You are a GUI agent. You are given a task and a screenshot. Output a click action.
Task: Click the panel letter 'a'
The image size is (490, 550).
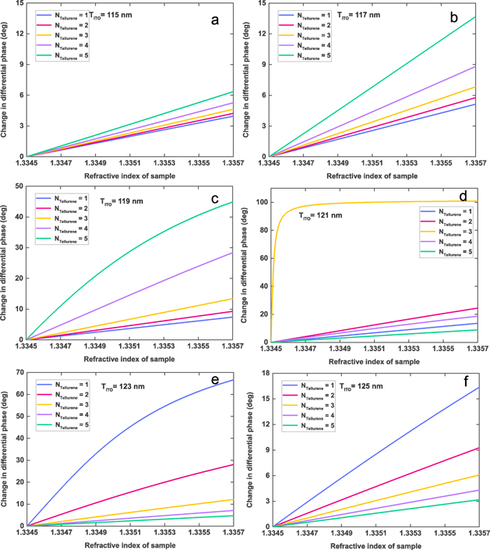[216, 20]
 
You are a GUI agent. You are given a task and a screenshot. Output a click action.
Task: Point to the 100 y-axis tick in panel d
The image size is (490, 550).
[255, 202]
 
